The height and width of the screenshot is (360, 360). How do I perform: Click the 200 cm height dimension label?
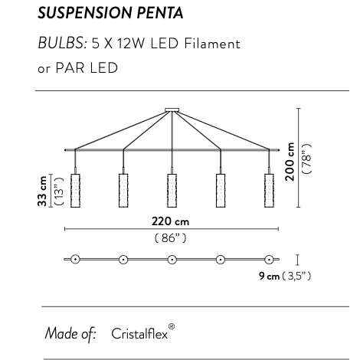(290, 162)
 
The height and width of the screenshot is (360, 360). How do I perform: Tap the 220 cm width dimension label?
(171, 221)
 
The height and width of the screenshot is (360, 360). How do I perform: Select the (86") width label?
(171, 237)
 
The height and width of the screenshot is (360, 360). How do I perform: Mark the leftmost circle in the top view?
(75, 259)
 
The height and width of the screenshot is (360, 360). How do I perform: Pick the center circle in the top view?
(172, 259)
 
